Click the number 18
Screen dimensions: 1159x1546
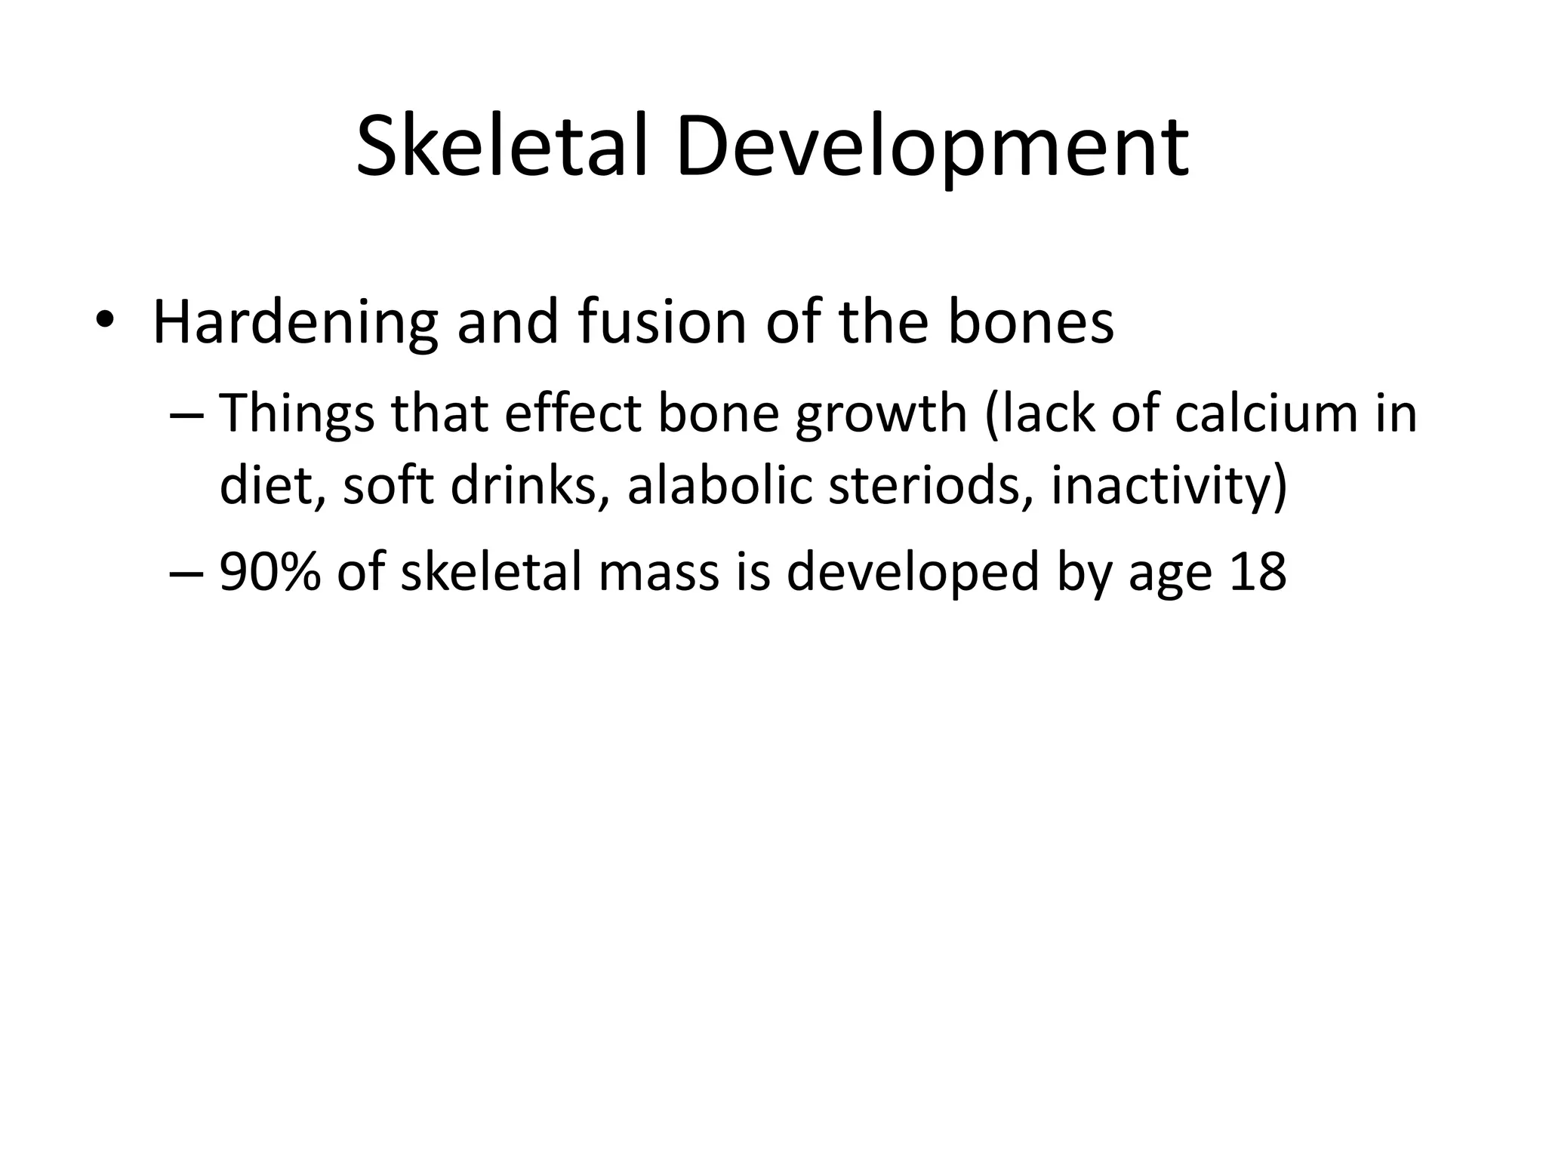point(1258,571)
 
